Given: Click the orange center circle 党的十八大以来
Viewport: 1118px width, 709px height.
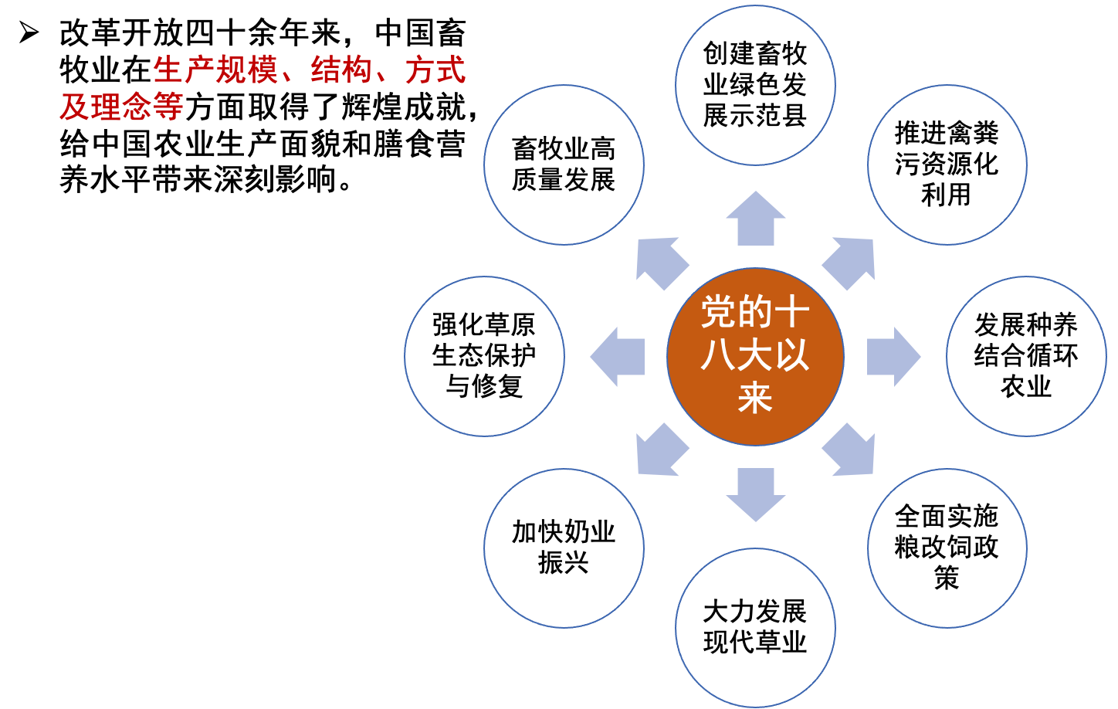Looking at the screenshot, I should (755, 356).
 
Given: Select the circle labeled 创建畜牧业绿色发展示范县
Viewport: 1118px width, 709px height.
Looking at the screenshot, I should (755, 85).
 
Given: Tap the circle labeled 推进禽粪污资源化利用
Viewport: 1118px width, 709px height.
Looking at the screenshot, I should (947, 165).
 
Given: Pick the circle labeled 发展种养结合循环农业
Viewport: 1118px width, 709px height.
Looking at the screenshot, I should (1026, 356).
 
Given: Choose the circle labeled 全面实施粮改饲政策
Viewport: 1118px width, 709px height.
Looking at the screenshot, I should (947, 548).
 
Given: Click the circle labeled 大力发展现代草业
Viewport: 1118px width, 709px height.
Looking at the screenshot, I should (755, 627).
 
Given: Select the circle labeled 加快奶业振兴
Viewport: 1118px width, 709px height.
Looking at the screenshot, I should (564, 548).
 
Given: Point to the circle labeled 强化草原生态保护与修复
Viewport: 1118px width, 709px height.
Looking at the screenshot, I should (484, 356).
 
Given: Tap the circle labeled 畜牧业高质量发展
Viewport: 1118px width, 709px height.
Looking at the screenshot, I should (564, 165).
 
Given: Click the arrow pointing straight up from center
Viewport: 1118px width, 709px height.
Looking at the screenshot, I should (755, 220).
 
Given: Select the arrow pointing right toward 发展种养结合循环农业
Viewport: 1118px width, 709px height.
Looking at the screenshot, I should (893, 356).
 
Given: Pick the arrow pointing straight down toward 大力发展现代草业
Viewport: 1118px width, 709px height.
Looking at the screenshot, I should (755, 494).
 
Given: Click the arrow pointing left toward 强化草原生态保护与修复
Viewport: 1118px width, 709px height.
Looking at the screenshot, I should (618, 356).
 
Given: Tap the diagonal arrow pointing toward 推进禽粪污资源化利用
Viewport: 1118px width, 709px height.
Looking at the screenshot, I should (850, 262).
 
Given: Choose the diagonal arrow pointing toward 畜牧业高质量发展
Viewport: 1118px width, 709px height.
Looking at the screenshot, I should (661, 262).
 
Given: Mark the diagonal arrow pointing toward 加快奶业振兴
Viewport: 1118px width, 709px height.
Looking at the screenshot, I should (661, 450).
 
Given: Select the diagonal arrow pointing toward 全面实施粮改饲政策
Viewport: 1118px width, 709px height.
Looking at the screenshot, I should (850, 450).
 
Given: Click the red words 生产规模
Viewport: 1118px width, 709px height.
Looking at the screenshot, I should (215, 70).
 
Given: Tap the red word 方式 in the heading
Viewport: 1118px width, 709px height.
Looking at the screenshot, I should (435, 70).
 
